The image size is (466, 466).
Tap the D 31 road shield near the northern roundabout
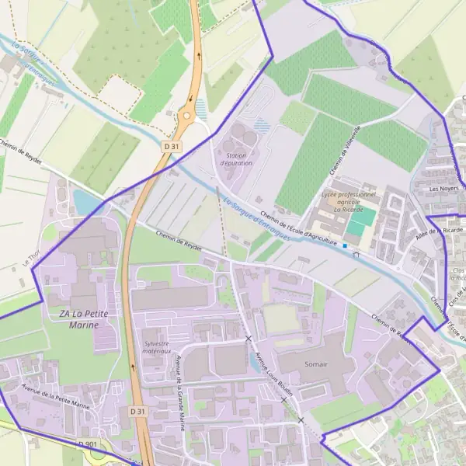click(172, 145)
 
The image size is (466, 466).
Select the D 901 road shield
click(88, 443)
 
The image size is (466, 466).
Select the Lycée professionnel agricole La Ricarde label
click(347, 201)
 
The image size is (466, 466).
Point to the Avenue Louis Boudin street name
click(273, 375)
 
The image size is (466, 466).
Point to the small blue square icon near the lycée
click(345, 245)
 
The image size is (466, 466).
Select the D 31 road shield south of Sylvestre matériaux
click(137, 410)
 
